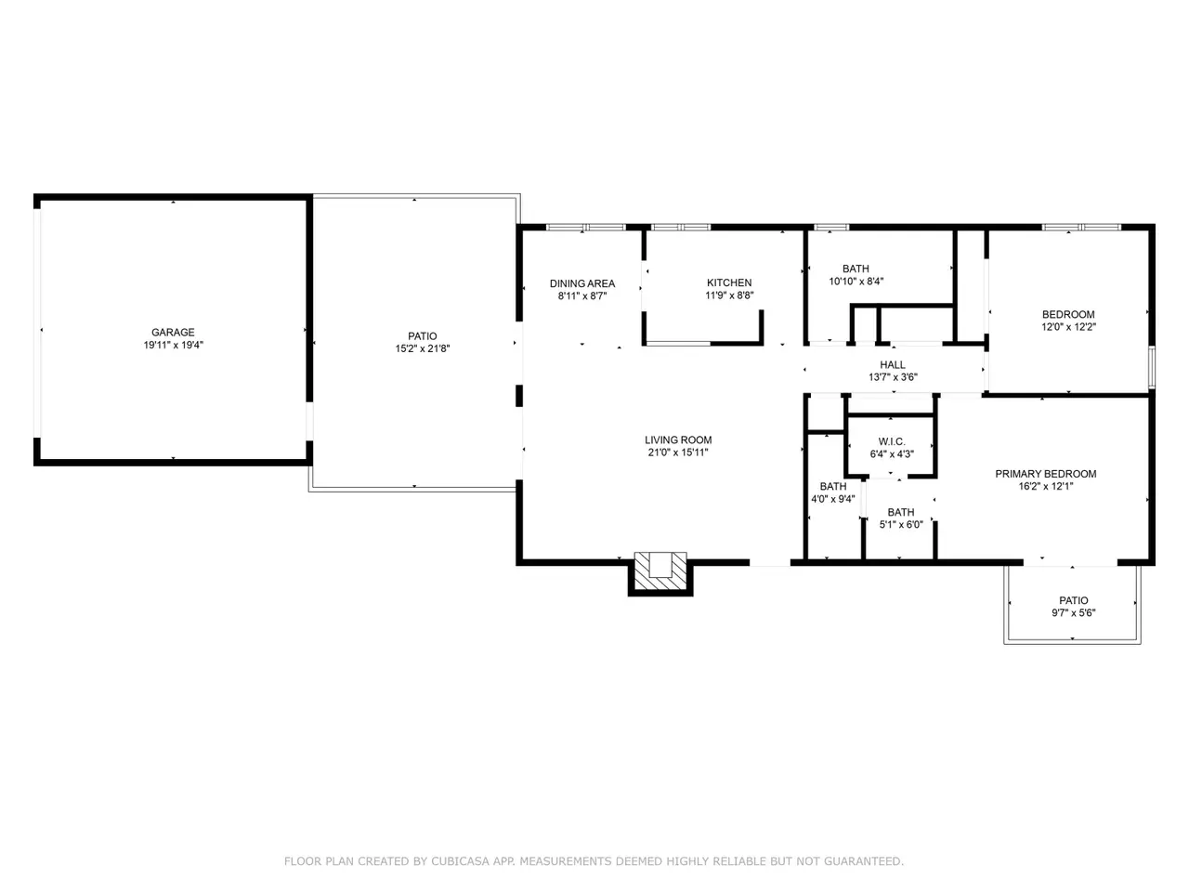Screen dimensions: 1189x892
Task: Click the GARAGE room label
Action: tap(173, 332)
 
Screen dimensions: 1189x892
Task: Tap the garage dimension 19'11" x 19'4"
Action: tap(174, 345)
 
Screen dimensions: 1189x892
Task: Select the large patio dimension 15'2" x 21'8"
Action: tap(423, 348)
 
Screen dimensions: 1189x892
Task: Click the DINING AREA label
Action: tap(582, 283)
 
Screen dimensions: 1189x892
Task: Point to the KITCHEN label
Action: tap(729, 282)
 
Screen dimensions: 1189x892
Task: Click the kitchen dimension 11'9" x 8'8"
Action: tap(729, 295)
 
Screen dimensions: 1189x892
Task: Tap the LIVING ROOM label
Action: tap(678, 439)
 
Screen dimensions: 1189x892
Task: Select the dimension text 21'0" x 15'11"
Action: tap(678, 453)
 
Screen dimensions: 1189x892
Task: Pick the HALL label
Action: tap(893, 364)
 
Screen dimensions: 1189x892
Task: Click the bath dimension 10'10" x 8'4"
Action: tap(856, 282)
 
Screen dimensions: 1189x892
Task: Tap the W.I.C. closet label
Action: tap(892, 441)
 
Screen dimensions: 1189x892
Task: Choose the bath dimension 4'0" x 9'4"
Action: tap(833, 499)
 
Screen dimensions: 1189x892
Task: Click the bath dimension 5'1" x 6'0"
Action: tap(901, 524)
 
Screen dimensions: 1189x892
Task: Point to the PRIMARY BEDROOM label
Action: tap(1045, 474)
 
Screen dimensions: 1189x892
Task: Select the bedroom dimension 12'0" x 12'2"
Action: tap(1068, 326)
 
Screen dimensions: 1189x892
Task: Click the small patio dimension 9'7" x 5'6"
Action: tap(1074, 612)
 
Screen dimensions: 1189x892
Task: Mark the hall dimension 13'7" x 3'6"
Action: tap(893, 377)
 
